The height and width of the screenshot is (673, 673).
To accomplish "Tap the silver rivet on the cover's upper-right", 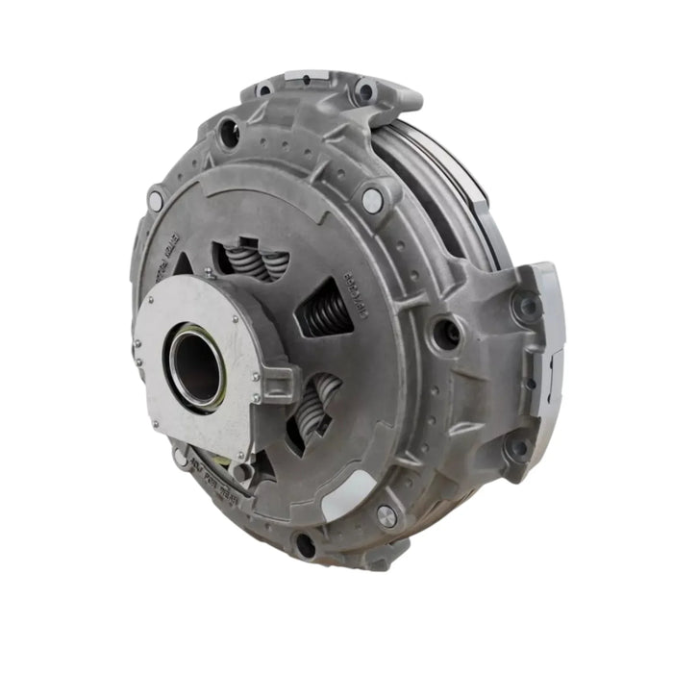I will click(372, 200).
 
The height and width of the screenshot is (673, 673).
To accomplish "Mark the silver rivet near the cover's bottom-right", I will click(386, 515).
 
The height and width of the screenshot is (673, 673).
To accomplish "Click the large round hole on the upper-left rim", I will click(229, 134).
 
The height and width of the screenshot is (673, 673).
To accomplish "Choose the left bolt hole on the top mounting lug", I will click(263, 90).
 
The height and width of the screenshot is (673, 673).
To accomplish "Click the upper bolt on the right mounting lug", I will click(526, 309).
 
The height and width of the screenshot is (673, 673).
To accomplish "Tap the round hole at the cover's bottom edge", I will click(305, 545).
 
